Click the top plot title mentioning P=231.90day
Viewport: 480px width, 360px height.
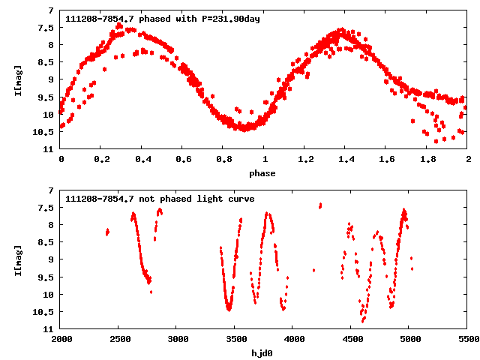tap(163, 19)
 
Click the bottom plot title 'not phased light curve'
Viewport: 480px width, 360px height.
tap(160, 199)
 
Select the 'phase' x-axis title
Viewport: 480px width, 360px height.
tap(263, 173)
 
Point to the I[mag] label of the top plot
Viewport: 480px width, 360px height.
tap(18, 79)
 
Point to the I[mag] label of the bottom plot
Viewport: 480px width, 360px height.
tap(18, 259)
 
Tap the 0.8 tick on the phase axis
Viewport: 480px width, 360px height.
tap(223, 159)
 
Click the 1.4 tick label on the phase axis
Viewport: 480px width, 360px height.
tap(346, 159)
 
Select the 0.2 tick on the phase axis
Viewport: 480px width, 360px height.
tap(101, 159)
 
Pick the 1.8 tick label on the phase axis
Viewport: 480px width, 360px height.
tap(427, 159)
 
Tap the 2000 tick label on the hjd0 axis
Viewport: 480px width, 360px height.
tap(61, 339)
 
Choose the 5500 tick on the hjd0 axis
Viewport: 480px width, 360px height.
tap(467, 339)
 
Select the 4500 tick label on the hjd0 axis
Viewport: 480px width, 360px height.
tap(351, 339)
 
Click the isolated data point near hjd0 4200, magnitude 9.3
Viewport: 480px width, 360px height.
tap(313, 270)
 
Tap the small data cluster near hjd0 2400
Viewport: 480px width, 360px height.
tap(107, 232)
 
